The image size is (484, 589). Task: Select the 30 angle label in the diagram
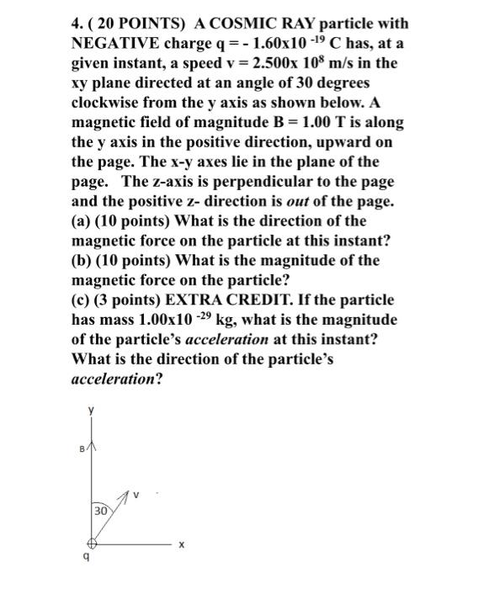(100, 511)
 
